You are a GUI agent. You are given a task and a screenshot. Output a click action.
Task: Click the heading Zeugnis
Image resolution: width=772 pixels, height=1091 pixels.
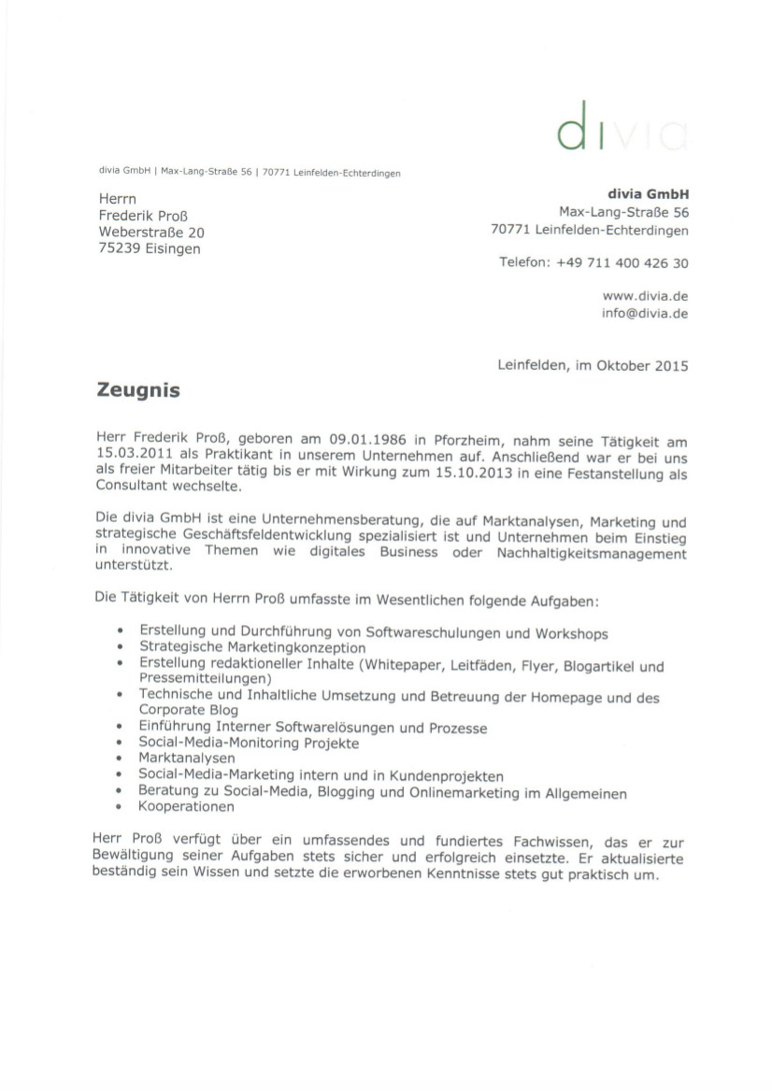[138, 390]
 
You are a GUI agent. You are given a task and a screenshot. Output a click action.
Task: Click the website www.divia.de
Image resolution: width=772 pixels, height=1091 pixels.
[645, 295]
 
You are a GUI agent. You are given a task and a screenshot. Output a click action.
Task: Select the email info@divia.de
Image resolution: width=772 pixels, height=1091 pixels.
[645, 313]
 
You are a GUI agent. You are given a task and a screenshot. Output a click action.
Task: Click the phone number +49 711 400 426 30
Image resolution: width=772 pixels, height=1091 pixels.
[622, 263]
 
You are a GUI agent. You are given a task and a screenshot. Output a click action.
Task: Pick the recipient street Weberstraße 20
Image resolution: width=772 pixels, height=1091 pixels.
[151, 232]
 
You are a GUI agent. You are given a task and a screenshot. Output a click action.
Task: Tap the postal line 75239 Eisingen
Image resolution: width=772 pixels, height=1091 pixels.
[150, 248]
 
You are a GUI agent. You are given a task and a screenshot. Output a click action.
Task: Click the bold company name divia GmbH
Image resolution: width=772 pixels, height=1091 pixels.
[648, 194]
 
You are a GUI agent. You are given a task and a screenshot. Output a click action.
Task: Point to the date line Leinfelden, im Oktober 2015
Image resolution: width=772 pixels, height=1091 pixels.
[593, 365]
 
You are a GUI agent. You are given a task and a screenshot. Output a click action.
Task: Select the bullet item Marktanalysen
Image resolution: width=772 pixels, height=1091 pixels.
[187, 758]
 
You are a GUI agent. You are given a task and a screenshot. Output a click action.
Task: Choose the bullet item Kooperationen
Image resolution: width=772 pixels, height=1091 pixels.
[186, 806]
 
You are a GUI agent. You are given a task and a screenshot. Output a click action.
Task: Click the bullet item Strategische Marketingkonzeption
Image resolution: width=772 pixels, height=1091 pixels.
[252, 647]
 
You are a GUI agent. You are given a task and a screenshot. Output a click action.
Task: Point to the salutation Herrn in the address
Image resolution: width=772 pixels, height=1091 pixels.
[117, 198]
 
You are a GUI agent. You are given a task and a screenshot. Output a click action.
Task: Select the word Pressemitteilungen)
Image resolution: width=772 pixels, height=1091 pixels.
[206, 678]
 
